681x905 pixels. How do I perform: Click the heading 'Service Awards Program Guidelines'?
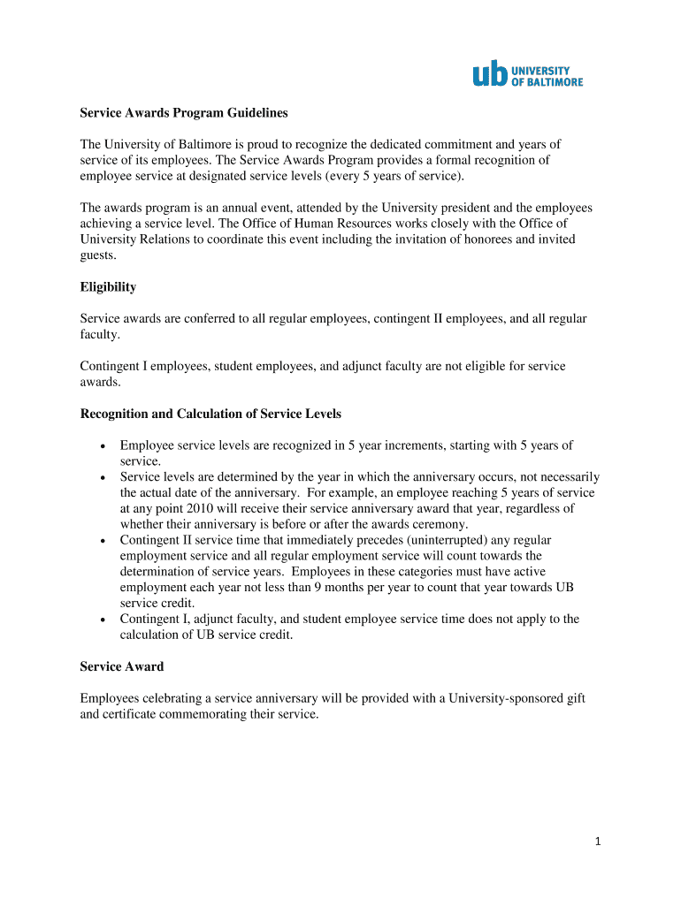184,113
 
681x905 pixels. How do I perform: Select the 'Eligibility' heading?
108,287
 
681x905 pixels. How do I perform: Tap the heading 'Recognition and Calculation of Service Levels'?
210,414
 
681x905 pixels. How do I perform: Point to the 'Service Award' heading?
121,666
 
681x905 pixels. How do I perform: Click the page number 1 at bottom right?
598,841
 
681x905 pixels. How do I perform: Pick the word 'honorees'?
497,240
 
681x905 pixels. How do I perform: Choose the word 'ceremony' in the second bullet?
438,524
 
